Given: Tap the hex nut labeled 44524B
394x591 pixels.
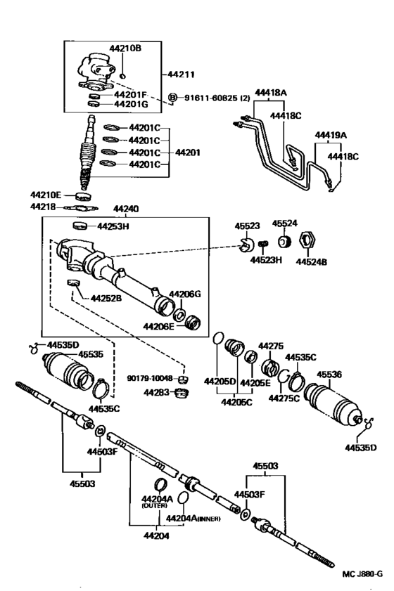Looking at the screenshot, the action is pos(307,240).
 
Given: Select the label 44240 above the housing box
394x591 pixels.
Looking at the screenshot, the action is pos(126,209).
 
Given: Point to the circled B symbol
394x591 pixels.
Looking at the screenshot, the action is pos(172,98).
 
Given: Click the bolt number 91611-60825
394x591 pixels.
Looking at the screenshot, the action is pos(211,98).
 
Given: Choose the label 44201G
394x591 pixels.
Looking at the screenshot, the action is pos(131,104).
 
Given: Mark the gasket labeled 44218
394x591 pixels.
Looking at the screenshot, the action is pos(81,208).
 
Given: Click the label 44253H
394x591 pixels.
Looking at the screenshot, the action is pos(113,226).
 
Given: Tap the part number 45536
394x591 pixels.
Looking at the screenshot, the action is pos(329,375).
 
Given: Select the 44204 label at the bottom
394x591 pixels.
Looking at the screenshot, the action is pos(156,535).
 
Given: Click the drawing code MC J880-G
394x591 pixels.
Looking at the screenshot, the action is pos(362,574).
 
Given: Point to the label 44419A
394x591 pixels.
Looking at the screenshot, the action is pos(331,135).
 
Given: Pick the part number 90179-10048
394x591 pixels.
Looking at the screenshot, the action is pos(150,378).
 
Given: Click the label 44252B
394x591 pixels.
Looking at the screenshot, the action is pos(106,298).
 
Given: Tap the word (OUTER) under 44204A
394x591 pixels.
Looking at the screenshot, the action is pos(154,505).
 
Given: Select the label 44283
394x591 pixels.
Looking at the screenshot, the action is pos(156,393).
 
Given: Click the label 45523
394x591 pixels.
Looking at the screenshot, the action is pos(247,226).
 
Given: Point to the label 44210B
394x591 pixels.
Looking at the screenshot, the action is pos(125,48).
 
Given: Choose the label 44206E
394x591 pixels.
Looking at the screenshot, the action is pos(158,326).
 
